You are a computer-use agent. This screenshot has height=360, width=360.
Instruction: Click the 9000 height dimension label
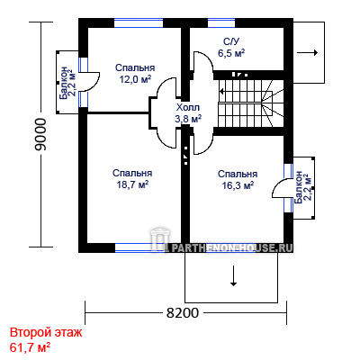[40, 134]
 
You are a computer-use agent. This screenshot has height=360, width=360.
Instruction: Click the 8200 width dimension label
[183, 313]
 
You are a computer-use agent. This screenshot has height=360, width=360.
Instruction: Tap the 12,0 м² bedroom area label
[135, 79]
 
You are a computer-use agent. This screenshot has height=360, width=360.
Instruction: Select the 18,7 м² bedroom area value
[133, 184]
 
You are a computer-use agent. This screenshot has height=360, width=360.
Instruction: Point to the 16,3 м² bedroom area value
[238, 185]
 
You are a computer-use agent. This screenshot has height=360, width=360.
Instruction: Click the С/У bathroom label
[231, 41]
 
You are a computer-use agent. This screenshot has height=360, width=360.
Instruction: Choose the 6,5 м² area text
[231, 53]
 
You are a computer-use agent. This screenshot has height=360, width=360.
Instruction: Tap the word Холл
[188, 107]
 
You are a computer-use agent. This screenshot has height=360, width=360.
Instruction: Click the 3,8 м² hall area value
[188, 119]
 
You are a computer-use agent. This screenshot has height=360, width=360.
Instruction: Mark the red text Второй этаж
[46, 333]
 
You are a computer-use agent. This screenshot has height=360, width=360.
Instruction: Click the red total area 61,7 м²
[30, 347]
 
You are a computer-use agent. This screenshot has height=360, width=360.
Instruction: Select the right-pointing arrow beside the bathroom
[307, 53]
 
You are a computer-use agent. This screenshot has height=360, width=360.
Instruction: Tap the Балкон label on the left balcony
[63, 83]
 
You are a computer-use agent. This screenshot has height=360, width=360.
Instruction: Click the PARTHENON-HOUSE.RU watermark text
[231, 247]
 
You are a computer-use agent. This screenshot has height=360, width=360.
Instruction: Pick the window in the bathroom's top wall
[221, 23]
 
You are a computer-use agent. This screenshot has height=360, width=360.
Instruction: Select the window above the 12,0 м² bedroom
[139, 23]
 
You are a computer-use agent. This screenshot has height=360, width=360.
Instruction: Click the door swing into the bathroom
[203, 61]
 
